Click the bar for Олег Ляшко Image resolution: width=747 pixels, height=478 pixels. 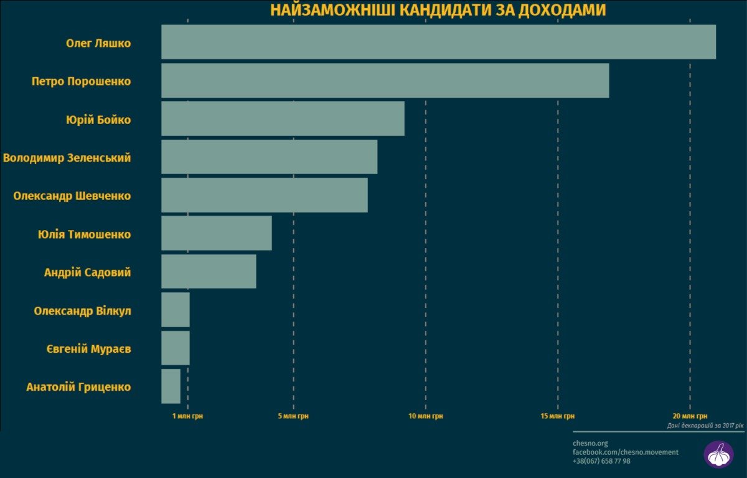(438, 42)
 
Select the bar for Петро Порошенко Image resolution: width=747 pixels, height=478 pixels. (385, 80)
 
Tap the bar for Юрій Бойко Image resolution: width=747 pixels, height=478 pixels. (283, 118)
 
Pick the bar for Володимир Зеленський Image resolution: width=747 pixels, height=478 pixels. (269, 157)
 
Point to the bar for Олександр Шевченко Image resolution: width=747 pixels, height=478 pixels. (264, 195)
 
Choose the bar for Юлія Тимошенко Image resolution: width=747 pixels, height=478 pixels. (216, 233)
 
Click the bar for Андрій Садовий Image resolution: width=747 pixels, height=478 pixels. (209, 271)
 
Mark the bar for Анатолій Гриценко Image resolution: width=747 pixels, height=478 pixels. (171, 386)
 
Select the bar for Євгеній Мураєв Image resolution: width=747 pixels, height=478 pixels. (175, 348)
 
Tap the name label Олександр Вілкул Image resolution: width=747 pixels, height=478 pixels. (82, 310)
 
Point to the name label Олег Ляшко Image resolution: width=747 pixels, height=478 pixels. (98, 44)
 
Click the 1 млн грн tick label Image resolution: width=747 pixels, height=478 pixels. (187, 416)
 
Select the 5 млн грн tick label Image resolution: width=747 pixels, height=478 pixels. (293, 416)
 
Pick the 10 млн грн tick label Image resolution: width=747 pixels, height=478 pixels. (426, 416)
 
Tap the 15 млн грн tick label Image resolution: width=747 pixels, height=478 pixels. (558, 416)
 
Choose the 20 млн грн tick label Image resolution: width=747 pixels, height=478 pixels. (690, 416)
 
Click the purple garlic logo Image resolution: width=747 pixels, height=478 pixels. (718, 454)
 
